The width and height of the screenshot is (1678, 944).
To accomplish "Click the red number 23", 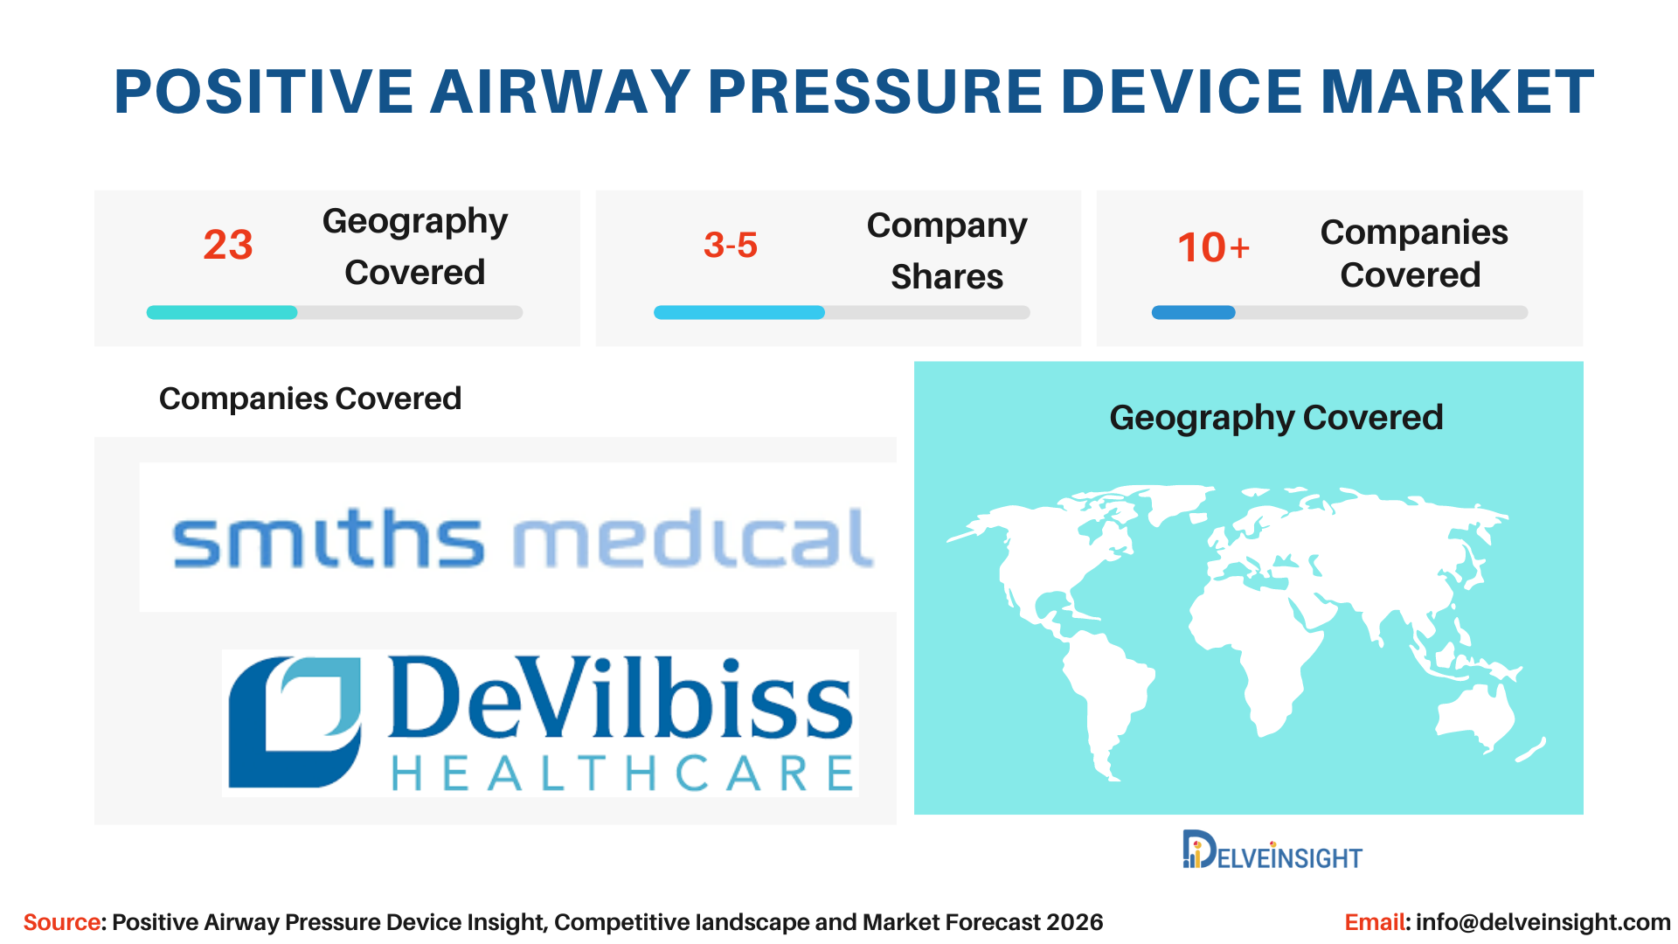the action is [x=228, y=245].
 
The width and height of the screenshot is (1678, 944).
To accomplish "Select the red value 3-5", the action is [x=731, y=245].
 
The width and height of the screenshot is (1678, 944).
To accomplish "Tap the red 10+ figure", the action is [x=1214, y=247].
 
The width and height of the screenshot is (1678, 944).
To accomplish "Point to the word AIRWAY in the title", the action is [x=560, y=92].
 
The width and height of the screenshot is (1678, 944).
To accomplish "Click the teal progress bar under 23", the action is [x=222, y=312].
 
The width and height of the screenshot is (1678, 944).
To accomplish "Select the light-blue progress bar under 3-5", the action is [x=739, y=312].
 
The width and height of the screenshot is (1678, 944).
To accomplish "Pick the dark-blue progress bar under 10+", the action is [x=1194, y=312].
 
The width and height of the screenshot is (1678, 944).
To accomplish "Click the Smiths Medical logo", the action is [x=523, y=538].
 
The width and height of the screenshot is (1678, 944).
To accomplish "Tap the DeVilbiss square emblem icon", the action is [x=295, y=722].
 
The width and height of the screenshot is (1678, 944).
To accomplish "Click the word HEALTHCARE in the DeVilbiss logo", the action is [x=622, y=774].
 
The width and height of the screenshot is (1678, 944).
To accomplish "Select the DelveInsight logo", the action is [x=1272, y=850].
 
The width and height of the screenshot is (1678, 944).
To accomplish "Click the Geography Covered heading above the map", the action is [x=1276, y=418].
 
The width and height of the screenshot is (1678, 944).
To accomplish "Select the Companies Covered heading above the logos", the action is [x=310, y=399].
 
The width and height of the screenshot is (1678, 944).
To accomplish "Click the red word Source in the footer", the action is [x=61, y=922].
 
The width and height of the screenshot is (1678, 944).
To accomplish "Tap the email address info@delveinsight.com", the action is [x=1543, y=922].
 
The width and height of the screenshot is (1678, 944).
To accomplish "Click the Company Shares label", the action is [x=947, y=251].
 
